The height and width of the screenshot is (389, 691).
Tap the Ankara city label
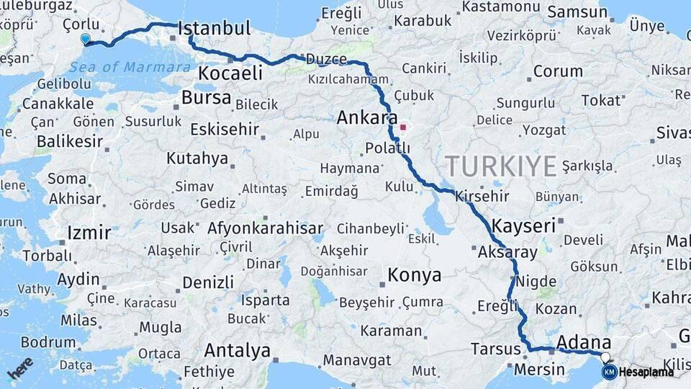pos(367,117)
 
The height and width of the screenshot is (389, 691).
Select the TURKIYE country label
pos(501,166)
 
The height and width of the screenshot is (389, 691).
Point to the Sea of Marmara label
pos(131,68)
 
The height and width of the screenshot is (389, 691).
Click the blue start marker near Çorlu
pos(86,40)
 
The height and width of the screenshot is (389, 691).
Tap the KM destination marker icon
pos(609,372)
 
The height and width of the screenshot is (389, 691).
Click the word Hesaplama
pos(646,372)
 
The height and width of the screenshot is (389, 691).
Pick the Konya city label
pos(414,274)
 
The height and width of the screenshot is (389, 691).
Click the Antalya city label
pos(238,351)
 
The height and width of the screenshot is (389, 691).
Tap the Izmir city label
pos(89,233)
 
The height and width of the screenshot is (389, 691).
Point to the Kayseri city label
pos(524,225)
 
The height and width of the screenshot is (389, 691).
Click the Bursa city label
pos(207,97)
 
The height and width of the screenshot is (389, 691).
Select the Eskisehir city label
pos(224,129)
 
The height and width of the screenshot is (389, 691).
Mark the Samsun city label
pos(577,12)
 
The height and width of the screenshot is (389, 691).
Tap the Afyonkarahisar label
pos(265,228)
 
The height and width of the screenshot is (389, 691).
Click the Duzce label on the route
pos(325,59)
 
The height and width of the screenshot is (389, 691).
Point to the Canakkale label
pos(58,104)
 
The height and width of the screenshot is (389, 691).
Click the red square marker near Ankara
pos(403,128)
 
